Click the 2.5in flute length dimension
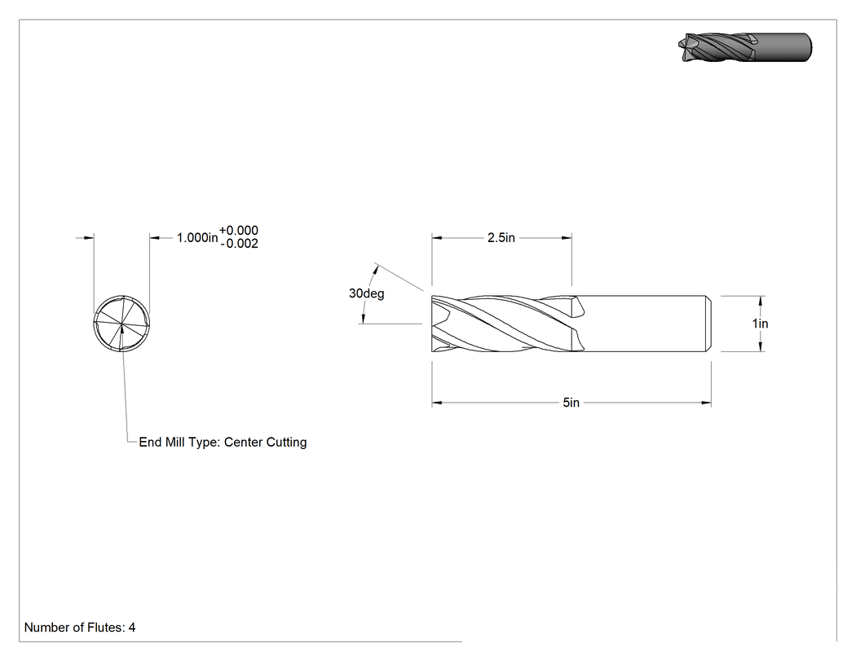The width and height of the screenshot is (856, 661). (x=501, y=238)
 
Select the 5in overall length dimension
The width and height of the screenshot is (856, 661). (x=571, y=403)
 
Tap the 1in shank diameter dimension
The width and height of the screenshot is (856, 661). (x=760, y=324)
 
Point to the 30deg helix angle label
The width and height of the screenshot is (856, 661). (x=366, y=293)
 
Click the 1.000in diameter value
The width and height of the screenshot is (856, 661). (x=197, y=238)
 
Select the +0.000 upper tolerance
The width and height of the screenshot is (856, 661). (x=239, y=231)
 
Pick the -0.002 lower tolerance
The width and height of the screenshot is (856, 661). (x=239, y=244)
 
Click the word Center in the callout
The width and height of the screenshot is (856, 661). (x=243, y=442)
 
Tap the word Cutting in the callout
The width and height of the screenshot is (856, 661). (x=286, y=443)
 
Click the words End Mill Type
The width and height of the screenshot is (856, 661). (x=179, y=443)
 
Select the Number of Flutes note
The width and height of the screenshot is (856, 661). (x=80, y=628)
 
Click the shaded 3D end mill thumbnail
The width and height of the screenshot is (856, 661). (x=745, y=47)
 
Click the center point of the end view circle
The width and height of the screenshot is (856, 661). (x=121, y=324)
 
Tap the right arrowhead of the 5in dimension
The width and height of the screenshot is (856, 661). (x=707, y=403)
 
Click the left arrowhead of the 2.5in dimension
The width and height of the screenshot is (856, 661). (x=437, y=238)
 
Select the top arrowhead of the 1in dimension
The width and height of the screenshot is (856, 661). (x=761, y=301)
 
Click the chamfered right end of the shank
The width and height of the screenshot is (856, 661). (x=709, y=324)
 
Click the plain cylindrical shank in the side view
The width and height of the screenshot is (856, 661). (x=644, y=324)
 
